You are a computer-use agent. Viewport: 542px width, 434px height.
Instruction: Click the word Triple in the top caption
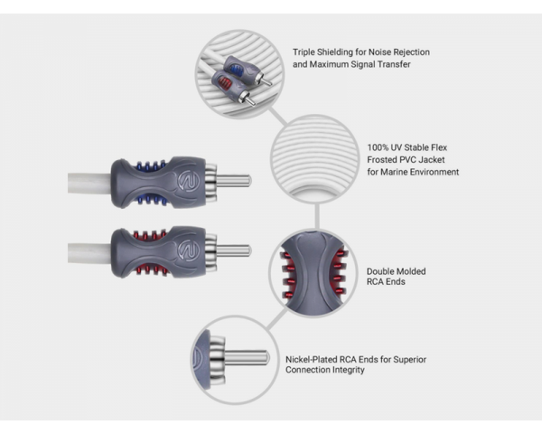click(304, 52)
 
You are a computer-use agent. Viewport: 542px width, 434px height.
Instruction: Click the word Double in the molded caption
click(383, 270)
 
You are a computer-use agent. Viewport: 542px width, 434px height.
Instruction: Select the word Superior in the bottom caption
click(408, 359)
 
